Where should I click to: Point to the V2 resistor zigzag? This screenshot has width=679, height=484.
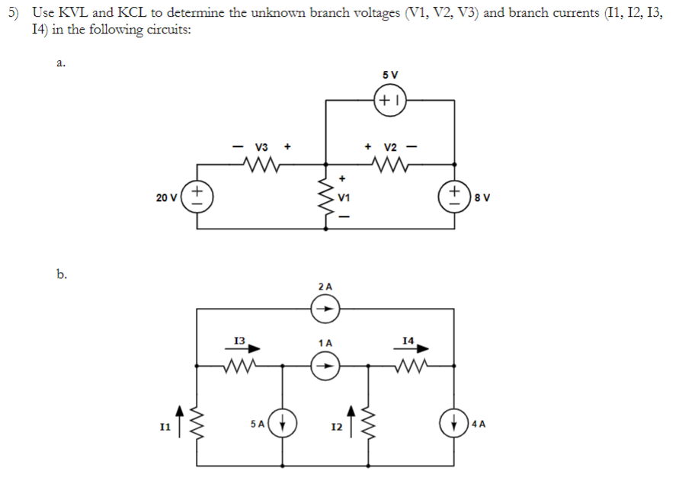[x=390, y=162]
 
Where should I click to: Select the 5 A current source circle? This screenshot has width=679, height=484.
[x=283, y=421]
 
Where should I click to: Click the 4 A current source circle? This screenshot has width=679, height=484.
[x=457, y=421]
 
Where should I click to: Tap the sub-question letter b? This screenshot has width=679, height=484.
[x=61, y=274]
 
